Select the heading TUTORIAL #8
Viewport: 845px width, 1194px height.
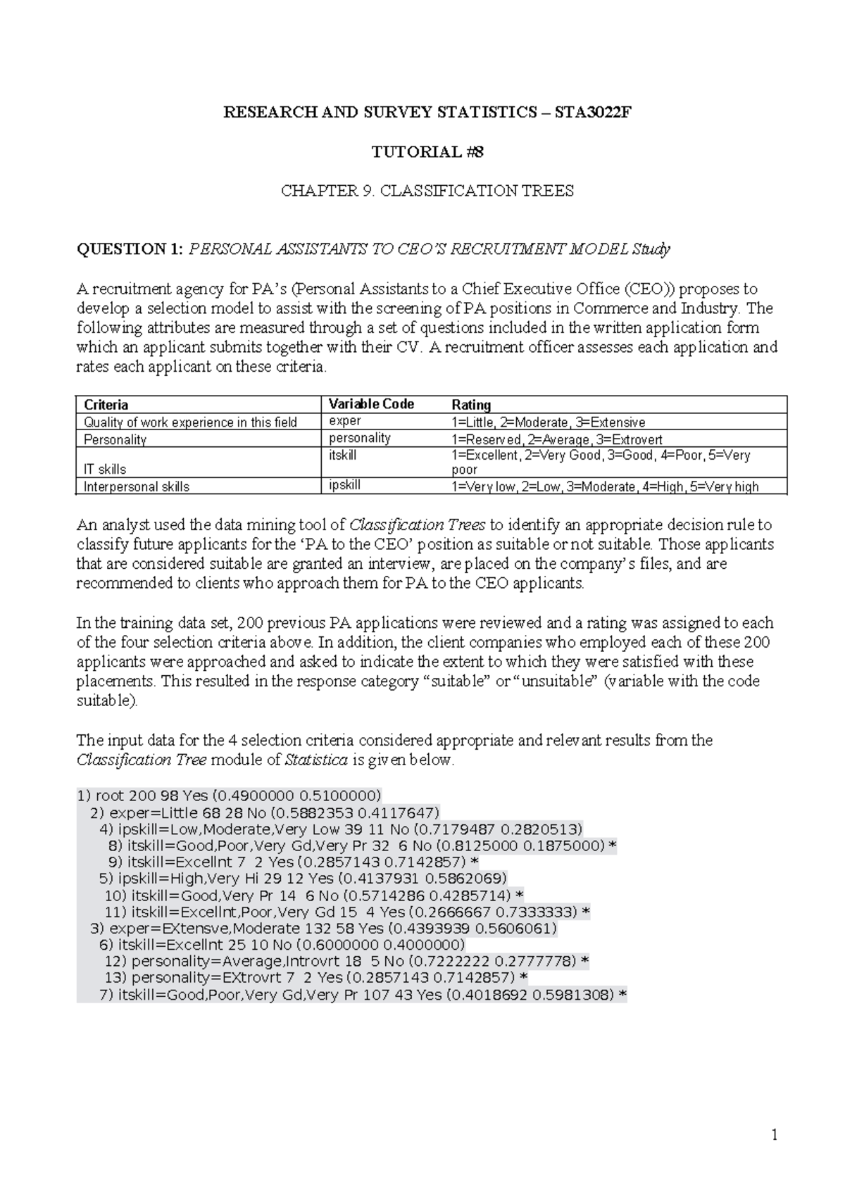(427, 152)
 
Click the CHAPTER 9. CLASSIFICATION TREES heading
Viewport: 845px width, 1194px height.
(427, 191)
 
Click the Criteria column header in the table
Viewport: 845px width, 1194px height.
(106, 405)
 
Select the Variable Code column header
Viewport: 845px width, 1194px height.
(371, 404)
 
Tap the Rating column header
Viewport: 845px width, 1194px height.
(471, 405)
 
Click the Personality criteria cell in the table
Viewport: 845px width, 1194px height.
(115, 439)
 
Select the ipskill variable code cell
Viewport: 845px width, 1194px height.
(346, 485)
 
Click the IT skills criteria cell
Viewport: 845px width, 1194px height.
(105, 469)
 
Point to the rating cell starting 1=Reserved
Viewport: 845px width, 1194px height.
(556, 439)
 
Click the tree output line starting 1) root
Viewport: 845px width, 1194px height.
(229, 796)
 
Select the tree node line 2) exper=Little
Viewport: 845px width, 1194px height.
(265, 812)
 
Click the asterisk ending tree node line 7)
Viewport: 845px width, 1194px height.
(622, 995)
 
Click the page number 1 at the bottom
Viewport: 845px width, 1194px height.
(775, 1135)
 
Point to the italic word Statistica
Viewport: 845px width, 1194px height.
(316, 760)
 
